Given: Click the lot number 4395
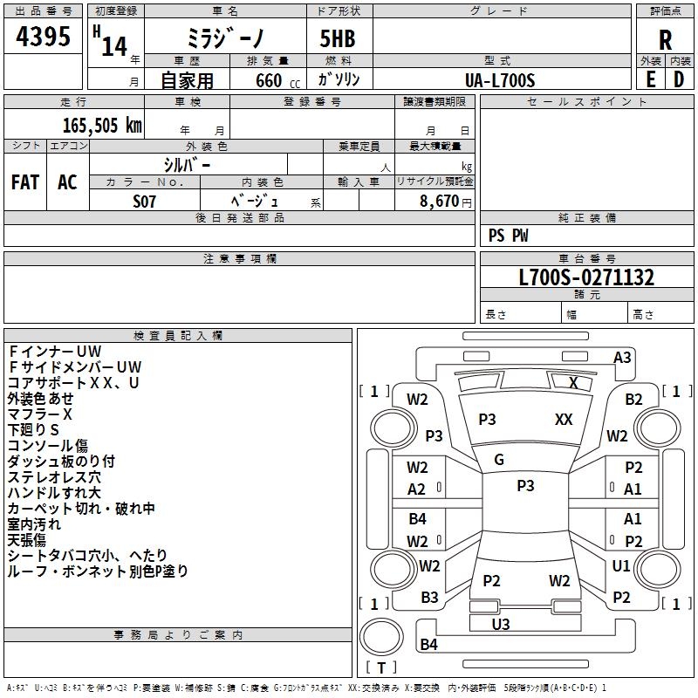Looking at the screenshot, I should click(x=44, y=38).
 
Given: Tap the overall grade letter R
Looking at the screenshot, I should click(x=665, y=40).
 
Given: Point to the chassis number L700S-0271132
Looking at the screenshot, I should click(x=586, y=278).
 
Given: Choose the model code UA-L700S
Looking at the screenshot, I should click(x=500, y=80).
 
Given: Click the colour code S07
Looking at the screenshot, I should click(x=145, y=200).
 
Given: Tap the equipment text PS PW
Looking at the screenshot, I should click(x=508, y=236).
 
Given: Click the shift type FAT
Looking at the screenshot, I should click(x=24, y=182).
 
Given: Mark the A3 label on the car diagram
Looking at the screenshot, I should click(x=622, y=357).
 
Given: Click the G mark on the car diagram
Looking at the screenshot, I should click(x=499, y=460).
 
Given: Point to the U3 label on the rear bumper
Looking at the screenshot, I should click(x=501, y=624).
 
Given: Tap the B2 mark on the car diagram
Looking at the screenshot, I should click(x=634, y=400).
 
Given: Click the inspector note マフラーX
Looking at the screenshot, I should click(x=40, y=414).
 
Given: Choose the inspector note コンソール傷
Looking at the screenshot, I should click(x=47, y=446).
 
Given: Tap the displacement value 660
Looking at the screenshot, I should click(x=269, y=81).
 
